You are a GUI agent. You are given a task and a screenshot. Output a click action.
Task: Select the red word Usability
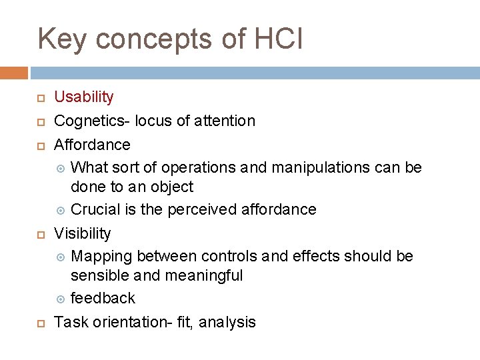click(x=83, y=97)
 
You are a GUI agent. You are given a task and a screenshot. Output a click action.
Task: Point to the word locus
click(x=153, y=121)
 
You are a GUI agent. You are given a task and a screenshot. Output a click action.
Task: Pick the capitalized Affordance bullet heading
click(x=92, y=144)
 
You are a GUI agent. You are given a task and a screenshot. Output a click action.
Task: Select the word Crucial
click(x=94, y=209)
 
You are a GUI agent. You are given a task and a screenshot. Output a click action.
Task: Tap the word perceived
click(x=200, y=209)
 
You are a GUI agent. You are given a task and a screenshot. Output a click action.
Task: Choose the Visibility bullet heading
click(x=82, y=233)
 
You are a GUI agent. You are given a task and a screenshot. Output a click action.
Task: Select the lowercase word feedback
click(x=103, y=298)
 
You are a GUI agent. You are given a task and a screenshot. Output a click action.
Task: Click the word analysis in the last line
click(x=227, y=322)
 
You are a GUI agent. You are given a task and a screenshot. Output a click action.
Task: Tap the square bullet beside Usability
click(x=40, y=98)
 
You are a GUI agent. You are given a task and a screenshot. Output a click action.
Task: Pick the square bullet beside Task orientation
click(x=40, y=323)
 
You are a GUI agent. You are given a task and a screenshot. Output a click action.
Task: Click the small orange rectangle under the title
click(x=14, y=73)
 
